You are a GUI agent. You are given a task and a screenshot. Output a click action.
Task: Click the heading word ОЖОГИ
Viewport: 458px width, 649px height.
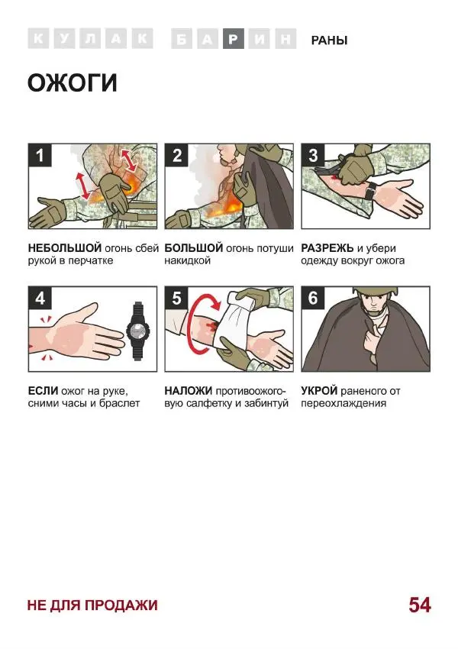pos(73,82)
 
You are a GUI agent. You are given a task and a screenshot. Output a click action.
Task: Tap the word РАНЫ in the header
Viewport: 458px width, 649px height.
pos(329,40)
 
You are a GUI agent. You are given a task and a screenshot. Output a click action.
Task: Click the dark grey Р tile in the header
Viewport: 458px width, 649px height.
pos(234,39)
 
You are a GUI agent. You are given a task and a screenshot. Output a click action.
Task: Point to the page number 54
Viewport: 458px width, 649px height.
pos(420,605)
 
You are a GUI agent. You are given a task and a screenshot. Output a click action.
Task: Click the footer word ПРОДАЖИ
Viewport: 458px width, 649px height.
pos(121,605)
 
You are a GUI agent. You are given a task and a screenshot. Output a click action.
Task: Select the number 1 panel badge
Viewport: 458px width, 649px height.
pos(40,156)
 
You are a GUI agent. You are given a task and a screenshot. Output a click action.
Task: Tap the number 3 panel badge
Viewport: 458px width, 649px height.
pos(313,156)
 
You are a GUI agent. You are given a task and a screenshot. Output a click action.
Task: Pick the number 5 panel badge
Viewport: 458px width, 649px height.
pos(176,298)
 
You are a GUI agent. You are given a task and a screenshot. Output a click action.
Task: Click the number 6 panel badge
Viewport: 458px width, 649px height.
pos(313,298)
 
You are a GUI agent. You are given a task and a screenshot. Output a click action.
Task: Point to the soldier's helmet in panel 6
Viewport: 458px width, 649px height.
pos(375,292)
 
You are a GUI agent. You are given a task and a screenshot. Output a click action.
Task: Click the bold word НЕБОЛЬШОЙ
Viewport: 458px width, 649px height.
pos(65,248)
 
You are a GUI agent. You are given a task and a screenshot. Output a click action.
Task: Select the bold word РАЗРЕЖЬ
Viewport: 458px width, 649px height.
pos(327,248)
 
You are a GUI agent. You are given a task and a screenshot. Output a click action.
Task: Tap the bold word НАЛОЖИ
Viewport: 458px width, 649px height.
pos(189,391)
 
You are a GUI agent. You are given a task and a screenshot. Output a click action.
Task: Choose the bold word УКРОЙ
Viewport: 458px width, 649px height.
pos(319,391)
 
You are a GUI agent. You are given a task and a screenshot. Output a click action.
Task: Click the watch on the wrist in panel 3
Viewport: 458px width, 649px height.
pos(370,191)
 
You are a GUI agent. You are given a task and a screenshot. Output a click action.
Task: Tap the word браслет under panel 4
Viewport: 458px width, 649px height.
pos(120,404)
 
